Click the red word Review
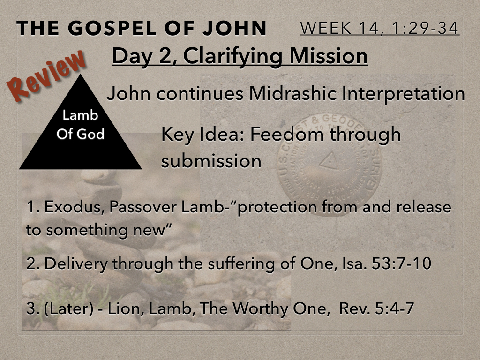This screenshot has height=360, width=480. (46, 75)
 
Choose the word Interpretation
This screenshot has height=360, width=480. (403, 94)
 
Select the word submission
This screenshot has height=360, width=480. (211, 161)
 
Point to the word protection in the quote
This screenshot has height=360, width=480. (277, 208)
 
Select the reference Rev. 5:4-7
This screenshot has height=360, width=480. (377, 308)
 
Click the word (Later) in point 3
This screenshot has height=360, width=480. (69, 308)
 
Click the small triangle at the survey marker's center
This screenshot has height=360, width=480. (330, 161)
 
